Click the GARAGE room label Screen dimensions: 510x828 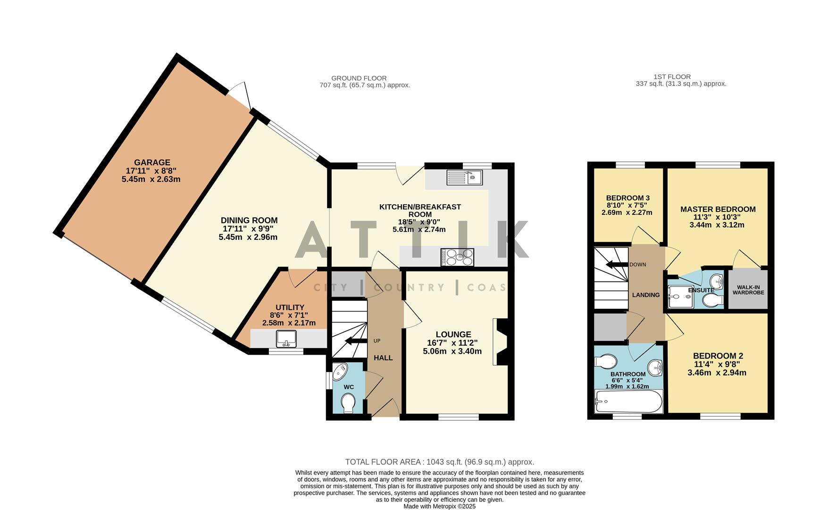[x=151, y=162]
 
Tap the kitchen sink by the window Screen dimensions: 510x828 [x=464, y=178]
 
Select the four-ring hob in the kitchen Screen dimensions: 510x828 [x=457, y=257]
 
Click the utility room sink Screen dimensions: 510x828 [x=286, y=338]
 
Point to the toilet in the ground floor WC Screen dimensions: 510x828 [x=348, y=404]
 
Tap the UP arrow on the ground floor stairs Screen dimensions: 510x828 [x=356, y=341]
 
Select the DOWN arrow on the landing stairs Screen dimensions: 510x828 [x=617, y=264]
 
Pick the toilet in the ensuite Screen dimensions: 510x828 [x=712, y=300]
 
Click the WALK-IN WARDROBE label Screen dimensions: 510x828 [x=748, y=289]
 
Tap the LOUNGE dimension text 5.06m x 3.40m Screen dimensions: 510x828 [x=452, y=351]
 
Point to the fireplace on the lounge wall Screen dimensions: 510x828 [x=501, y=341]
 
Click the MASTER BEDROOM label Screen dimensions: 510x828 [x=718, y=209]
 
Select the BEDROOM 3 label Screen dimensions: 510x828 [x=627, y=198]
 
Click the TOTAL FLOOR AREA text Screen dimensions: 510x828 [x=439, y=462]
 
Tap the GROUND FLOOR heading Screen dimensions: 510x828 [x=359, y=78]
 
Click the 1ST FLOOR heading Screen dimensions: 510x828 [x=672, y=76]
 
